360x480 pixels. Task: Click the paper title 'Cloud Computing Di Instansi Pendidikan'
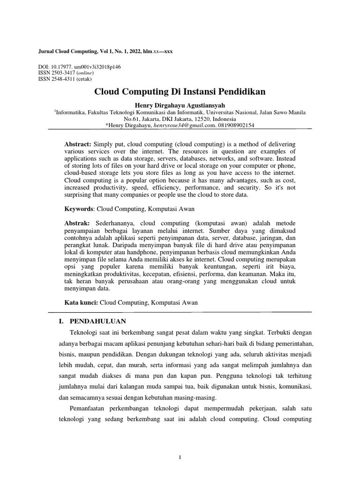180,91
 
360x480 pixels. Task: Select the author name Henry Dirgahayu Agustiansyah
180,105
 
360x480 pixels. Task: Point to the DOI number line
79,67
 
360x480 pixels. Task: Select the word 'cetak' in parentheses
83,79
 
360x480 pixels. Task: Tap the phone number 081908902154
237,125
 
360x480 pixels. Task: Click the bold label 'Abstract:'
77,144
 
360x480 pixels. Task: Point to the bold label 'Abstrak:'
77,222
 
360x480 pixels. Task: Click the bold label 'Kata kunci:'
81,303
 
